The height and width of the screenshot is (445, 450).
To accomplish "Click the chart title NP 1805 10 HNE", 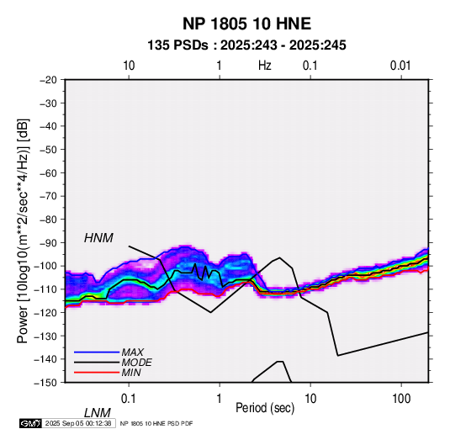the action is [x=246, y=24].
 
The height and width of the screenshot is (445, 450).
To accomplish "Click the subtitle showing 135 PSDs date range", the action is [x=246, y=45].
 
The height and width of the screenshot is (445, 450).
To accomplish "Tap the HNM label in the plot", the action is [x=98, y=238].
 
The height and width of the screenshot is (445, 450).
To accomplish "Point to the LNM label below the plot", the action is [x=98, y=413].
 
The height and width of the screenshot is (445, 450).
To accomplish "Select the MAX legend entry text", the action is [x=133, y=352].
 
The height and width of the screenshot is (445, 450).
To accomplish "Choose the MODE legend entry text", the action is [x=136, y=363].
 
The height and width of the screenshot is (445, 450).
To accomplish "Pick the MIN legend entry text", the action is [x=131, y=373].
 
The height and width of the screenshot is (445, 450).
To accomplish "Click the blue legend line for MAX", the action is [x=97, y=352].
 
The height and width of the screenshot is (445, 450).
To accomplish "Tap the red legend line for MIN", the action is [x=97, y=373].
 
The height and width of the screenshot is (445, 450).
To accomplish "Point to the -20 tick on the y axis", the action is [x=48, y=80].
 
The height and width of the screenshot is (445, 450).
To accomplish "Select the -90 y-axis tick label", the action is [x=48, y=243].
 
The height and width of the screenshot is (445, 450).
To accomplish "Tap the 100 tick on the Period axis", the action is [x=401, y=399].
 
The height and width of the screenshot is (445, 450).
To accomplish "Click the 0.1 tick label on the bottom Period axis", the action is [x=129, y=399].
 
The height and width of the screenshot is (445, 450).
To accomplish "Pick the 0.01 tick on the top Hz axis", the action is [x=400, y=66].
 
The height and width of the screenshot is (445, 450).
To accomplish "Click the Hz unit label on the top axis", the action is [x=265, y=66].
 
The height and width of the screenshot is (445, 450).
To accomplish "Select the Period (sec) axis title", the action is [x=265, y=408].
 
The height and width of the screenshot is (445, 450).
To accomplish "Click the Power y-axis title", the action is [x=23, y=231].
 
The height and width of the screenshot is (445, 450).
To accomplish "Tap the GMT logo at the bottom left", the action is [x=31, y=423].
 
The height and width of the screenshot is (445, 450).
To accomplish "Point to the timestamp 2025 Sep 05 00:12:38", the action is [x=78, y=423].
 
